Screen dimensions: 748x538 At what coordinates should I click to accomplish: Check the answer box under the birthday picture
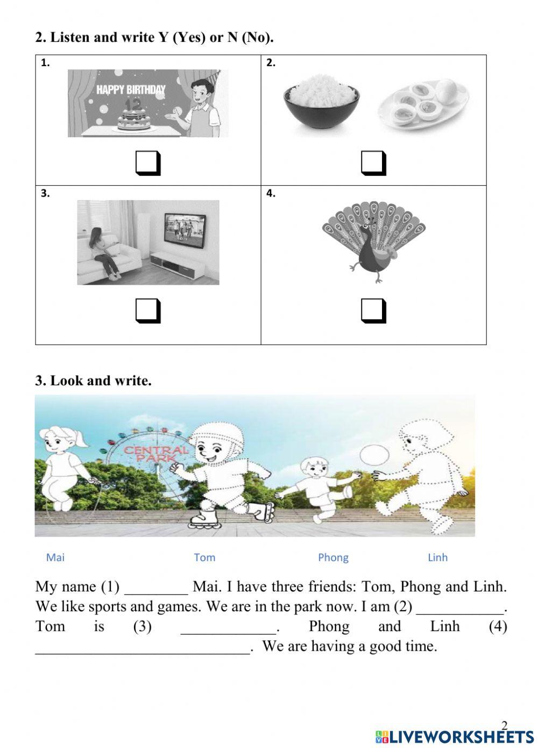(147, 164)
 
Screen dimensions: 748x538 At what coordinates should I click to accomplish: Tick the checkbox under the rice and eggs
(373, 164)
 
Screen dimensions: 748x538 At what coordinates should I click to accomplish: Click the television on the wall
(184, 230)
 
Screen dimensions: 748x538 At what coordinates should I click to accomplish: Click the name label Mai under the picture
(55, 558)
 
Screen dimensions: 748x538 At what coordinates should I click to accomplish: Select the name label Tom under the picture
(204, 558)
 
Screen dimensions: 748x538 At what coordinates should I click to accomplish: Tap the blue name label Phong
(333, 558)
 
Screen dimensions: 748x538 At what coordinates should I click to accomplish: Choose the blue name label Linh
(437, 558)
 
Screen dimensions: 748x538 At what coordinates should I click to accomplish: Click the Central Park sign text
(156, 453)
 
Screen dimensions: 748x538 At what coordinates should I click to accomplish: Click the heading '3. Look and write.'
(94, 380)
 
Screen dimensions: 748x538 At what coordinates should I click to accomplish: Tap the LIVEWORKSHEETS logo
(455, 736)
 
